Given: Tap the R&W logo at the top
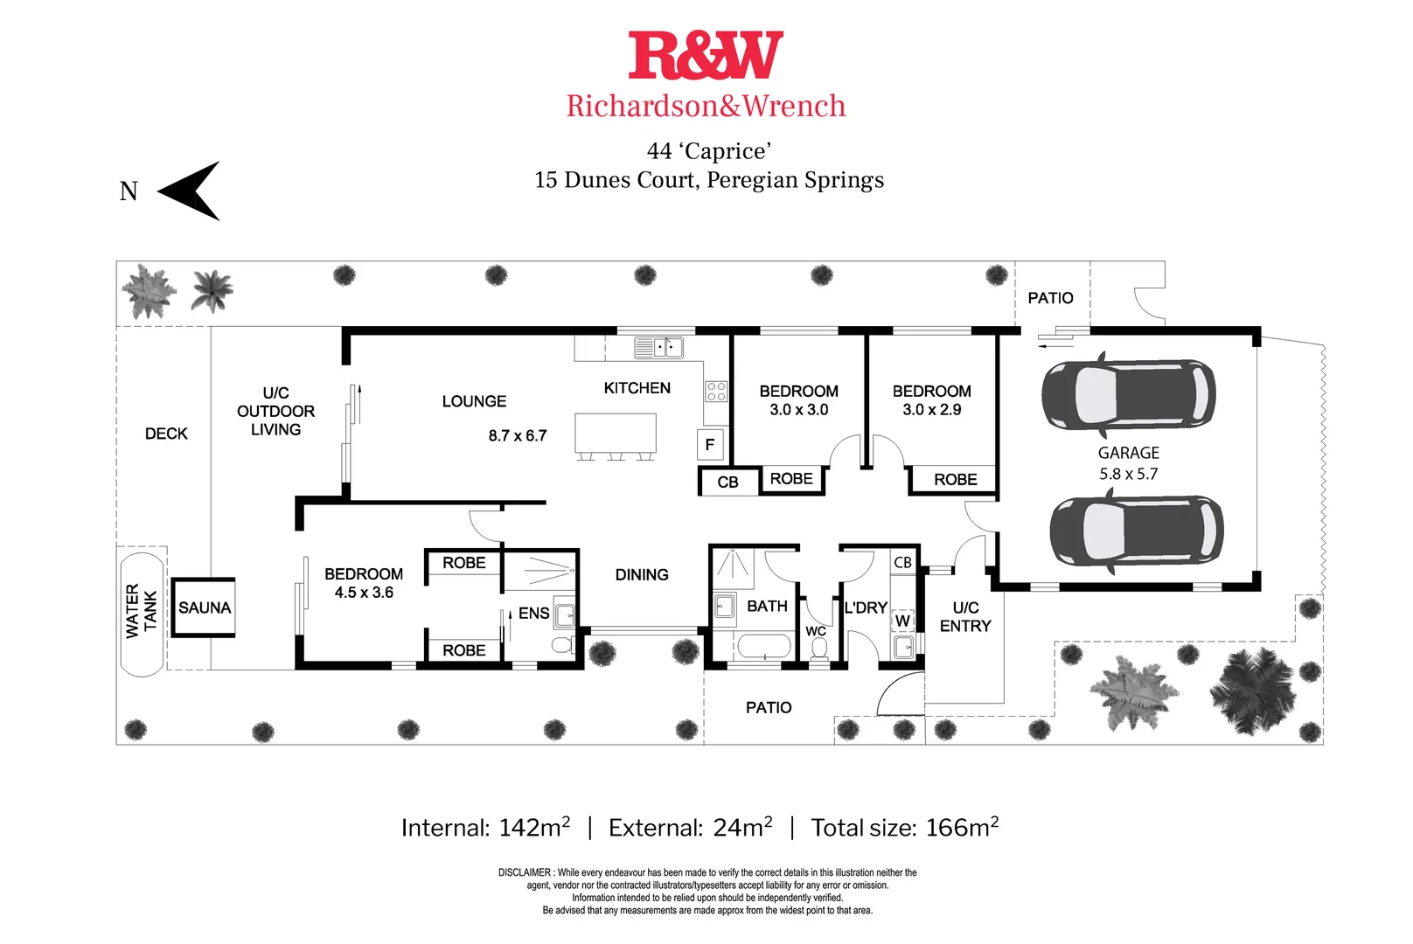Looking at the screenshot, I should [x=706, y=56].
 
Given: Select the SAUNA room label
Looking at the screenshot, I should [x=205, y=607].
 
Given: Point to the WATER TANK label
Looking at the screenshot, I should [x=141, y=610].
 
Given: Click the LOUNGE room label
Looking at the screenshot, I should [x=474, y=401].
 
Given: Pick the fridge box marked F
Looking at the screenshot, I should [x=709, y=444].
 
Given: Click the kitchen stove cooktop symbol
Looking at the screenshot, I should [x=716, y=391].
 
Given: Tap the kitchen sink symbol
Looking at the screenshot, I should [x=659, y=347].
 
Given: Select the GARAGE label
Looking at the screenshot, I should [x=1128, y=453].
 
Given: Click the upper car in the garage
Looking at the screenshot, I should [x=1128, y=394].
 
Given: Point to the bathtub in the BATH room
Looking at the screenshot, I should [x=764, y=647].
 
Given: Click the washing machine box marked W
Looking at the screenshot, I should [x=902, y=621].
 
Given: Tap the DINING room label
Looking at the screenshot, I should [x=642, y=574].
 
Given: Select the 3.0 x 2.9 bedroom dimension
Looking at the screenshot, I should [x=931, y=410].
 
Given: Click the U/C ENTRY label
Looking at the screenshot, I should [x=965, y=616].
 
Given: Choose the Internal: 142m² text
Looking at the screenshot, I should [x=485, y=827].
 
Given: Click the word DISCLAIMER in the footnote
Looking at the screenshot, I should [x=525, y=872].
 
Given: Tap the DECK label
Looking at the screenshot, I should [x=166, y=434].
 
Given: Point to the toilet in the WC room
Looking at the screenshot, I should [x=819, y=648].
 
